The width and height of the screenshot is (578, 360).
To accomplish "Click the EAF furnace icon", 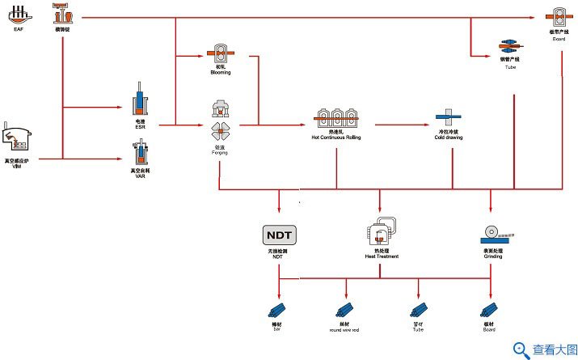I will click(x=19, y=14).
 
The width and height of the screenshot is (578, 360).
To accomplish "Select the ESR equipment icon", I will click(x=139, y=101).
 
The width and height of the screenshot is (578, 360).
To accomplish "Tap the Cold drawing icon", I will click(x=446, y=119).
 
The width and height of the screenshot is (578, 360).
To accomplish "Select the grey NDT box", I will click(x=280, y=235).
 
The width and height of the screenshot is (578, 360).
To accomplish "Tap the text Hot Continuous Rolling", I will click(x=336, y=138).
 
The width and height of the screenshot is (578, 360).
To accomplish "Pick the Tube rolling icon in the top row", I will click(x=509, y=46).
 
